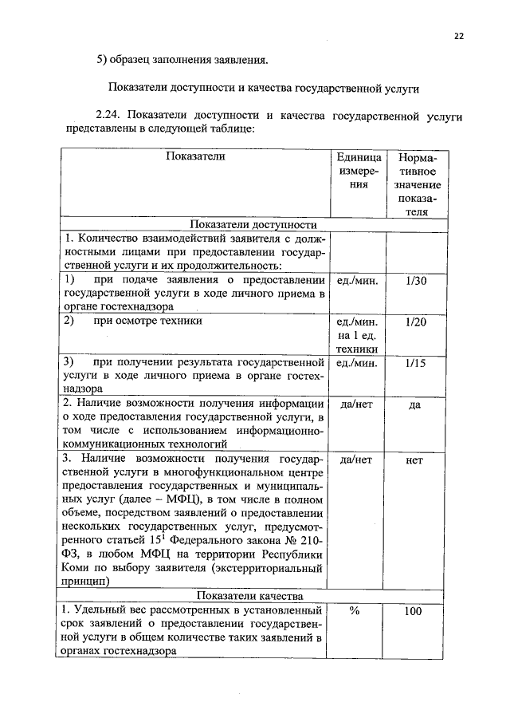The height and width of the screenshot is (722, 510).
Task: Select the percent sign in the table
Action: [355, 611]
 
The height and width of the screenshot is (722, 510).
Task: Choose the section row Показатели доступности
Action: [253, 225]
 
